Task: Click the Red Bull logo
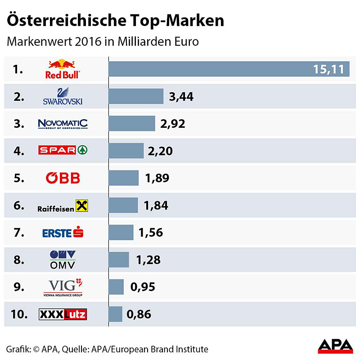click(63, 69)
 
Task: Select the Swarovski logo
click(63, 96)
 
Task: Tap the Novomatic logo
click(63, 124)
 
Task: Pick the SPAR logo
click(63, 150)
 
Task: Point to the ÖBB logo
click(63, 178)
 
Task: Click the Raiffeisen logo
click(63, 206)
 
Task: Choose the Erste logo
click(63, 233)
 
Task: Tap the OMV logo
click(63, 260)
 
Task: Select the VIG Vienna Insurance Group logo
click(63, 287)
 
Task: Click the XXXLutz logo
click(63, 314)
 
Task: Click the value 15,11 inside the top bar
click(328, 69)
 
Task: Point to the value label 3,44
click(181, 96)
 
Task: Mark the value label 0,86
click(139, 314)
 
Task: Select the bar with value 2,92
click(132, 124)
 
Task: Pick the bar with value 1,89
click(124, 178)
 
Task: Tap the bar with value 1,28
click(119, 260)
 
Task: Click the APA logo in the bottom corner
click(335, 346)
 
